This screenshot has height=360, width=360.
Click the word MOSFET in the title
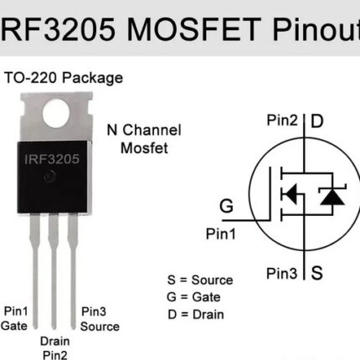click(x=194, y=29)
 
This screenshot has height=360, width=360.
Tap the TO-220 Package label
click(x=64, y=78)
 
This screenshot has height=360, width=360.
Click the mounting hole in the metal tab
click(x=56, y=113)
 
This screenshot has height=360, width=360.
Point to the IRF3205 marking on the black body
click(x=52, y=159)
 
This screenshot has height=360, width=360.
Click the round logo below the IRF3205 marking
click(x=50, y=177)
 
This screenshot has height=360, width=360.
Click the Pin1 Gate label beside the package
click(x=14, y=318)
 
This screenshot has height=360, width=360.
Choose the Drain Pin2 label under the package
click(x=55, y=348)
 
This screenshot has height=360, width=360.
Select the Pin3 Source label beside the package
click(x=100, y=319)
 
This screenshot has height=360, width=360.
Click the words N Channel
click(x=144, y=130)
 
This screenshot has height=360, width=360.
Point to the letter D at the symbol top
click(x=317, y=121)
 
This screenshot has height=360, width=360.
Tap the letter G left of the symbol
click(x=226, y=206)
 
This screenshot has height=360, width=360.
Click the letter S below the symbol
click(x=317, y=273)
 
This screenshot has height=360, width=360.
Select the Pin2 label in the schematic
click(x=282, y=121)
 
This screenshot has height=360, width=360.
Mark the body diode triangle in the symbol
click(x=332, y=197)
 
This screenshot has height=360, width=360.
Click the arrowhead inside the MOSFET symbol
click(x=291, y=193)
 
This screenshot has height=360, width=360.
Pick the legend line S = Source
click(x=200, y=280)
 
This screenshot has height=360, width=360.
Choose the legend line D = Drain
click(x=196, y=315)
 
